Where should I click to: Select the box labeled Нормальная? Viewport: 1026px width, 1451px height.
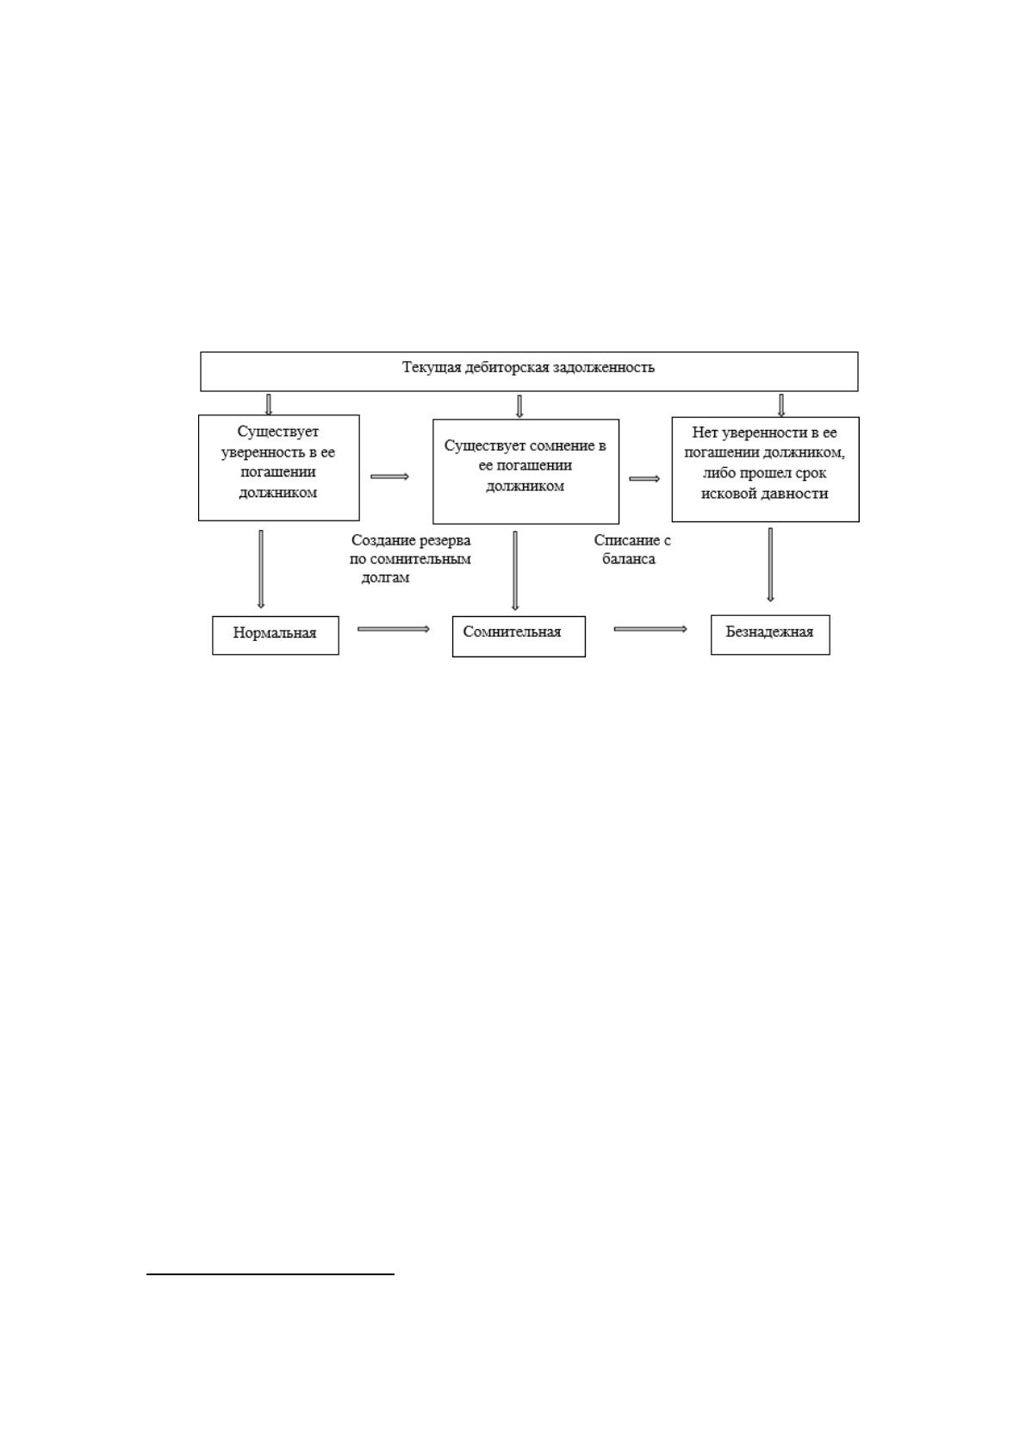(x=276, y=635)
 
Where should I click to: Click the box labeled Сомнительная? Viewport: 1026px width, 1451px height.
(x=519, y=636)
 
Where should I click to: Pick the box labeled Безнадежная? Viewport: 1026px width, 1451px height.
(x=770, y=635)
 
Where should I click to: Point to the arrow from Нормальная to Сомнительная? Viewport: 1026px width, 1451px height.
(x=393, y=629)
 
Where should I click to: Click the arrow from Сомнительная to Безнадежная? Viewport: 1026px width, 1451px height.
(x=650, y=629)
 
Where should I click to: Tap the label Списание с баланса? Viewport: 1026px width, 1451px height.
(x=631, y=550)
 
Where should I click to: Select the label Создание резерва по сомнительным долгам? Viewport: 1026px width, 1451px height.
(x=410, y=558)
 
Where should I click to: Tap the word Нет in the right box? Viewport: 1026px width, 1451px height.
(x=702, y=432)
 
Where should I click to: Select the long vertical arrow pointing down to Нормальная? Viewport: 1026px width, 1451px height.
(x=261, y=570)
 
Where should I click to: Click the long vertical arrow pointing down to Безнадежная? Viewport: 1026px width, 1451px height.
(x=770, y=565)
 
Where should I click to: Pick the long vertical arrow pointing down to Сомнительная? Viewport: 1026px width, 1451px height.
(x=515, y=571)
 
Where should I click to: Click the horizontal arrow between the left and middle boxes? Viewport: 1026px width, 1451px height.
(x=390, y=476)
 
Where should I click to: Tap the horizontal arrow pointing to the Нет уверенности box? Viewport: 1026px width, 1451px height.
(x=644, y=479)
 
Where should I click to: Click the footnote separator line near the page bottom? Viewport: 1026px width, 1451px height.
(x=270, y=1274)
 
